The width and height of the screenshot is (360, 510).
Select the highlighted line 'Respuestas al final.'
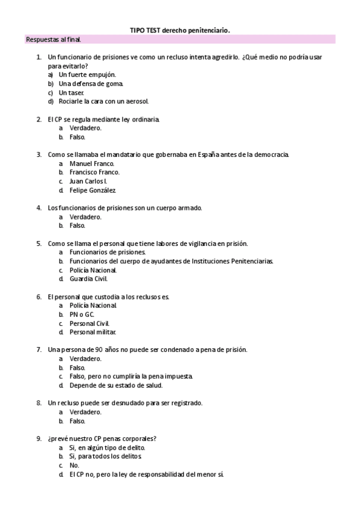click(53, 40)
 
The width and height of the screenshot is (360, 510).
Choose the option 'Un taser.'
click(71, 93)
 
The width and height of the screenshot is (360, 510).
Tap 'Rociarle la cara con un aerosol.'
click(103, 101)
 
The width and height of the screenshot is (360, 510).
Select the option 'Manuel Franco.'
click(91, 164)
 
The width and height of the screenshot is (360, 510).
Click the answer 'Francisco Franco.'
click(94, 172)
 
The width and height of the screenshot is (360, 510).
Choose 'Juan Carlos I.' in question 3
click(88, 181)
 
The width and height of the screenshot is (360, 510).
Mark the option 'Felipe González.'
click(92, 190)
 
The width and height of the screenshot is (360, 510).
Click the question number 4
click(38, 208)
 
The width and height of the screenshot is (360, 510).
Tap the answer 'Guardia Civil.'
click(88, 279)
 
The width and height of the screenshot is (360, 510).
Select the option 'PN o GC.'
click(82, 315)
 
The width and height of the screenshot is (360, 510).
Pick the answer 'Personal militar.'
click(93, 332)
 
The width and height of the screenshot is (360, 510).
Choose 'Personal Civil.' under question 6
click(90, 323)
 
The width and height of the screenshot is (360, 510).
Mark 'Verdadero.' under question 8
click(85, 412)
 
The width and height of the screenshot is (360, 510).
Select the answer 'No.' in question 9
click(74, 465)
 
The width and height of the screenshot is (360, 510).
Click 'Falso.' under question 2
click(78, 137)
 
